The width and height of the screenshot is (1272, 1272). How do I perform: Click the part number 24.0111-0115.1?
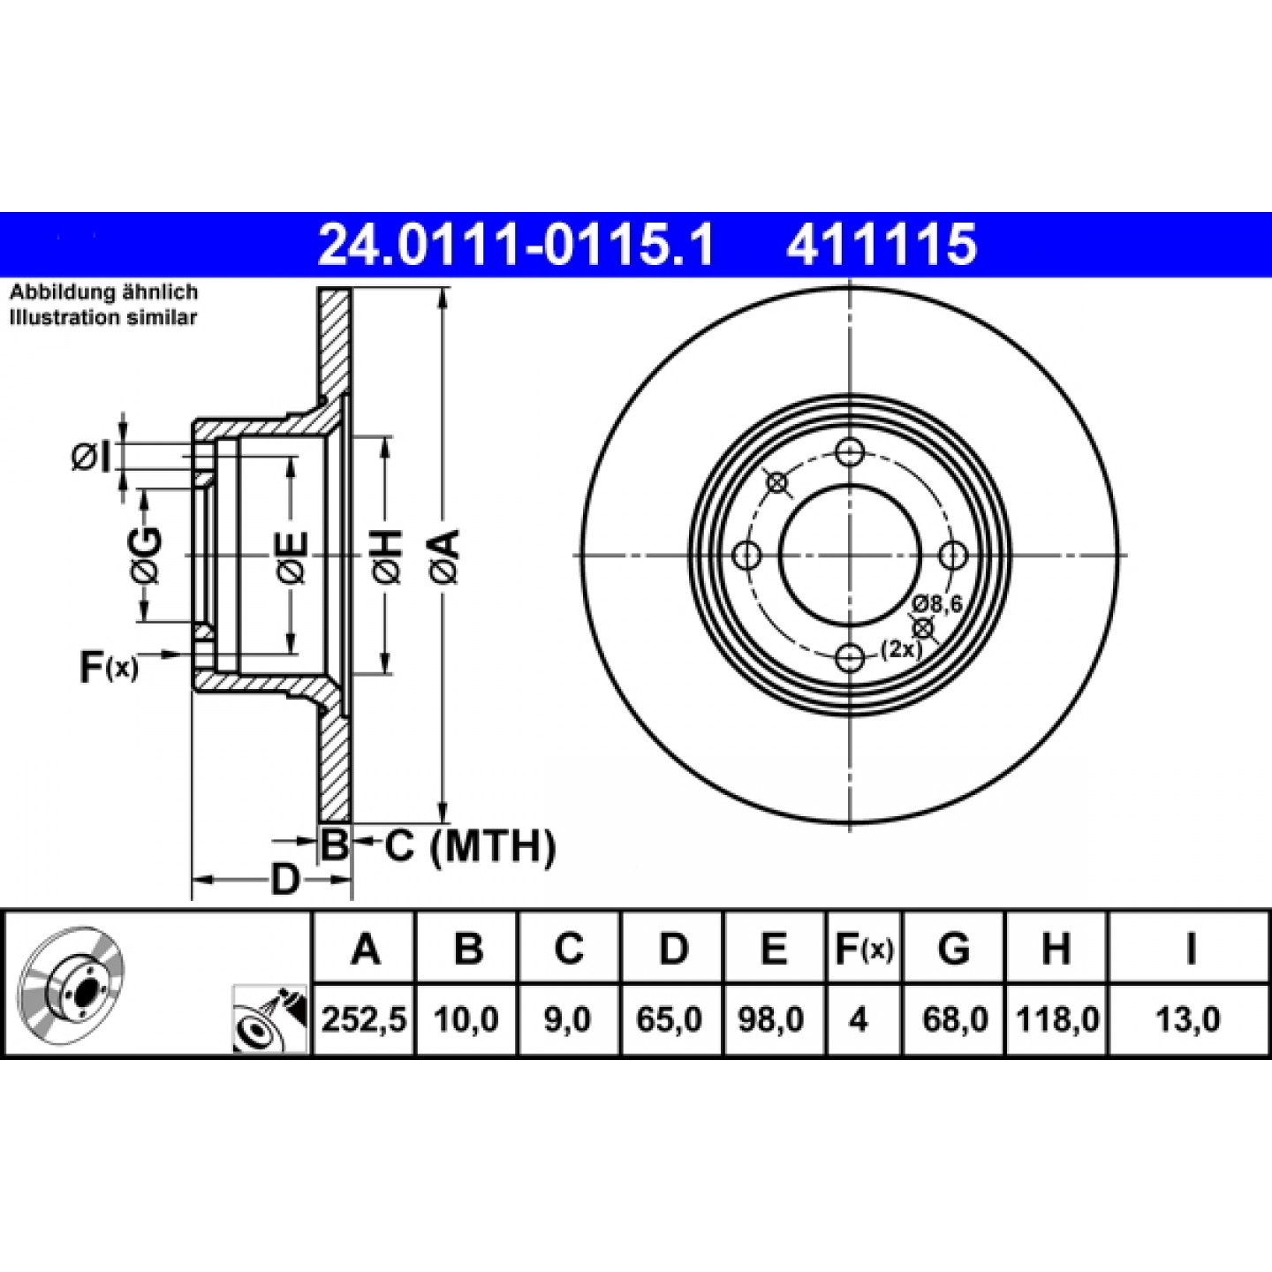click(516, 245)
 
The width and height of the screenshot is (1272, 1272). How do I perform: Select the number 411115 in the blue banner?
click(882, 245)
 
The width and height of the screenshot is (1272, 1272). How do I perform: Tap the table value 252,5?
click(364, 1020)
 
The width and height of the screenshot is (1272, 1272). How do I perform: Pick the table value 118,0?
click(1057, 1020)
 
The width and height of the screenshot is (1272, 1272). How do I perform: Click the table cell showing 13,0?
click(1188, 1020)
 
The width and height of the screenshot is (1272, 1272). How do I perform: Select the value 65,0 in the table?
click(670, 1020)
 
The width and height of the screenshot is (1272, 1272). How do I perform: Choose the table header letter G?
click(954, 950)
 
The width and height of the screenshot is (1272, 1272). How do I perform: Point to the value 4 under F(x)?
click(858, 1020)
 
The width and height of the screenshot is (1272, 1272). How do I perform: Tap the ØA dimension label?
click(444, 556)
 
